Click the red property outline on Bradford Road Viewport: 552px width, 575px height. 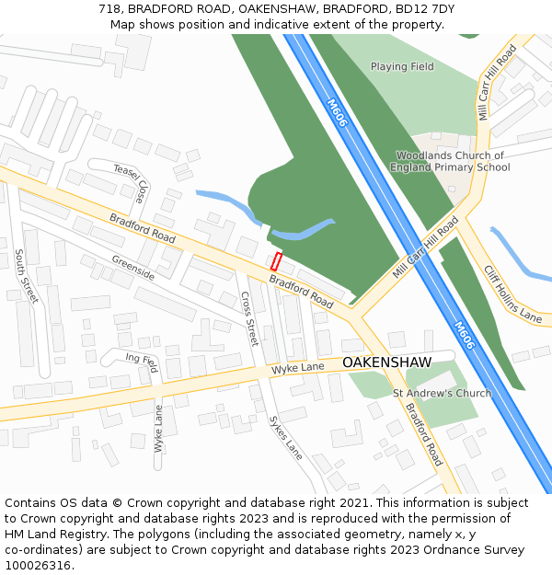(275, 260)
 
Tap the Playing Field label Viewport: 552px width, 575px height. (402, 66)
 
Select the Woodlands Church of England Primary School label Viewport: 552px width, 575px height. (450, 162)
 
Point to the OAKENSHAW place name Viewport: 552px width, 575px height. (386, 363)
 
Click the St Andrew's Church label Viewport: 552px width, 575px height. (442, 394)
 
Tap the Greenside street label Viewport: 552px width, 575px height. (133, 268)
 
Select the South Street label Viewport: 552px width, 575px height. (26, 276)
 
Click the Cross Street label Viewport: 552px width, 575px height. (248, 319)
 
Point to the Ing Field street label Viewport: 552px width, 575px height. (142, 362)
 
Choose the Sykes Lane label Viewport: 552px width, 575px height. (285, 438)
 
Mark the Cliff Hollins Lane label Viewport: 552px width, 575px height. (512, 293)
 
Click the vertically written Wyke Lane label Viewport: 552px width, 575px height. (158, 429)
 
